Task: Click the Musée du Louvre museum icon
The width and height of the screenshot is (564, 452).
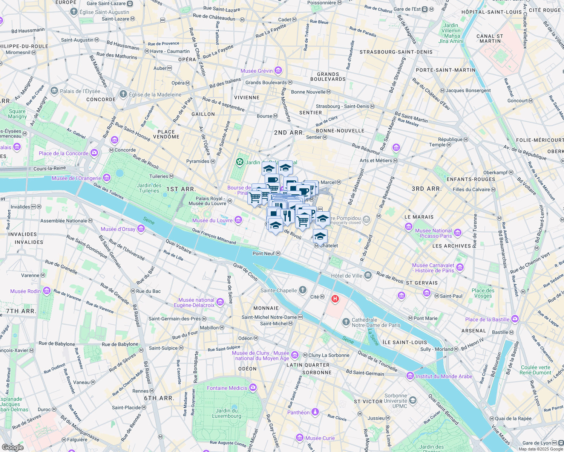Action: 238,220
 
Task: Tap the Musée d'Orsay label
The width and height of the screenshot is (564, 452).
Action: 118,229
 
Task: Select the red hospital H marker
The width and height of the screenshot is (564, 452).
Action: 335,299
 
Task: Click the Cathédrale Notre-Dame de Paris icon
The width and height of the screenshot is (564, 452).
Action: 346,322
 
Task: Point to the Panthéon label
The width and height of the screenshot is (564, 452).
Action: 298,412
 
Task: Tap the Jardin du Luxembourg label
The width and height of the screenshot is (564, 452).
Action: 226,413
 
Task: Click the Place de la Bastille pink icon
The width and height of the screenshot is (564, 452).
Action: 515,319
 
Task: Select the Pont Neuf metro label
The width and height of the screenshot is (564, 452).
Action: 264,253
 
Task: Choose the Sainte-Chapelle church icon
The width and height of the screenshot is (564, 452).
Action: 302,290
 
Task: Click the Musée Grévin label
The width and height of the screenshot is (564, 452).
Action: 256,71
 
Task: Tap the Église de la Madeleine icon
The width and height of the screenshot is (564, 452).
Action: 123,94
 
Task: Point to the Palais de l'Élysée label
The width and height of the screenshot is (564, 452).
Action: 80,91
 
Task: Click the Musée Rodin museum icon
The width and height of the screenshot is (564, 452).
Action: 47,291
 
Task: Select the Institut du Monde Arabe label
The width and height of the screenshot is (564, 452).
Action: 444,376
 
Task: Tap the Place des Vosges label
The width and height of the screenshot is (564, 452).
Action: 483,293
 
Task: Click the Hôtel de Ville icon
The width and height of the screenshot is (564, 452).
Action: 368,275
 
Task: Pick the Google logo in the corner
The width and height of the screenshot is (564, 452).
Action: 12,447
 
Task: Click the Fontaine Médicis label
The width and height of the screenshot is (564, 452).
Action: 227,388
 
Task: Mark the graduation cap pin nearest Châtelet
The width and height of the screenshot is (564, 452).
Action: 320,236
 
